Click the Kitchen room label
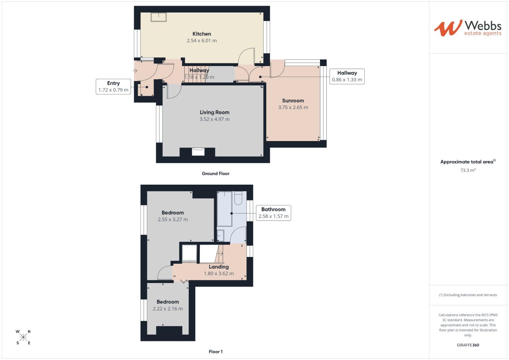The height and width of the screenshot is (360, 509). coord(202,34)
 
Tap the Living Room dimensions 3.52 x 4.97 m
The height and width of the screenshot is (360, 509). coord(214,119)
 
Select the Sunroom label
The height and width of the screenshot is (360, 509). coord(293,100)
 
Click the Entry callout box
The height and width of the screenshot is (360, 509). coord(113,87)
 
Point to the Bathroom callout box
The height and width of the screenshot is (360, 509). coord(273,213)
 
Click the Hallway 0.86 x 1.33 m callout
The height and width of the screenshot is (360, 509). coord(347,76)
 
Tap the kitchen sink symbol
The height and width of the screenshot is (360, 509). coord(159,17)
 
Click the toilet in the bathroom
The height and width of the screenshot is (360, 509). coord(238,198)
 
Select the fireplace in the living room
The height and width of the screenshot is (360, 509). coord(198,152)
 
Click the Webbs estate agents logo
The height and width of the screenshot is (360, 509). coord(467,28)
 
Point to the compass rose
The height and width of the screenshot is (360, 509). coord(23,337)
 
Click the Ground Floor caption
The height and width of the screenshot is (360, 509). coord(215,173)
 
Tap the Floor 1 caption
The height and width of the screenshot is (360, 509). coord(215,351)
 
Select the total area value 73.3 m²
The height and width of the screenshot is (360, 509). coord(468,170)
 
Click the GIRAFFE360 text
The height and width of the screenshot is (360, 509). coord(468,345)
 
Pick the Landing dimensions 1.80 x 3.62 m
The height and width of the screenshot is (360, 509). coord(219,274)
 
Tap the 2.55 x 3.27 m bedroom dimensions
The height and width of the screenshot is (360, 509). coord(173,219)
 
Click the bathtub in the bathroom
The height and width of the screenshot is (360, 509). coord(224,209)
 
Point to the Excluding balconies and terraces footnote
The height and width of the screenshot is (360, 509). coord(468,295)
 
